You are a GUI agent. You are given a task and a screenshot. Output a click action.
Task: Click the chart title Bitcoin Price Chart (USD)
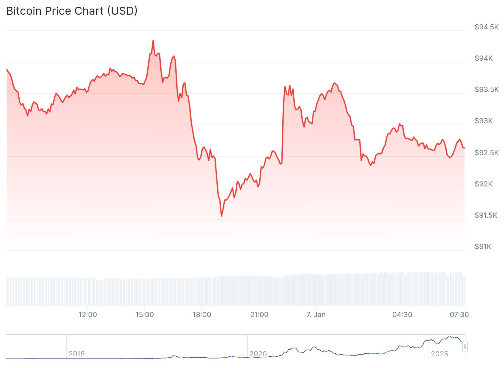point(72,11)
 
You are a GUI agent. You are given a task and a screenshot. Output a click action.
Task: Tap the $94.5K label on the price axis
point(487,27)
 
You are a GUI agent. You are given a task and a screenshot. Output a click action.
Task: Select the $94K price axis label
point(483,58)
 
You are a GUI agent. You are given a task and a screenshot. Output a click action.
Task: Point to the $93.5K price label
point(487,90)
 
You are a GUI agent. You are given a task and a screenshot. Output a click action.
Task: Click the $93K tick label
point(483,121)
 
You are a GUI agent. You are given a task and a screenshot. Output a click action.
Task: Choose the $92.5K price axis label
point(487,153)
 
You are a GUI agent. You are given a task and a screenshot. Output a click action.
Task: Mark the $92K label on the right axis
point(483,184)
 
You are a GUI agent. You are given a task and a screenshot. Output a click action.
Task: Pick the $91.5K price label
point(486,215)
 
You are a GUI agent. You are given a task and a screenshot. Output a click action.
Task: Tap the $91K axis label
point(483,247)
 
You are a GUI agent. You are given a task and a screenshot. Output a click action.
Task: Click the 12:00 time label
point(88,315)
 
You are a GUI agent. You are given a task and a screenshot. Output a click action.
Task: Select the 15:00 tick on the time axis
point(145,315)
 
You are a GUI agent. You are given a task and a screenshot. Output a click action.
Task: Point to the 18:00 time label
point(202,315)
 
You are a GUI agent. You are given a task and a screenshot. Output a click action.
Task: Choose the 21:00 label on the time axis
point(259,315)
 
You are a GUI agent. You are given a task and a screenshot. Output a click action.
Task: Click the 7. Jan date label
point(316,315)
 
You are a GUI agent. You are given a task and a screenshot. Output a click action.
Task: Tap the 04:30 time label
point(402,315)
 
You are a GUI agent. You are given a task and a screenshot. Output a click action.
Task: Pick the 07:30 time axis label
point(459,315)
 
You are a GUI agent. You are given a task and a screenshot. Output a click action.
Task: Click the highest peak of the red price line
point(153,40)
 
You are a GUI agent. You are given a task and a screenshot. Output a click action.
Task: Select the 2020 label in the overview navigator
point(258,354)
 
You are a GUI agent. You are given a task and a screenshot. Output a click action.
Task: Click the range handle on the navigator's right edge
point(465,347)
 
